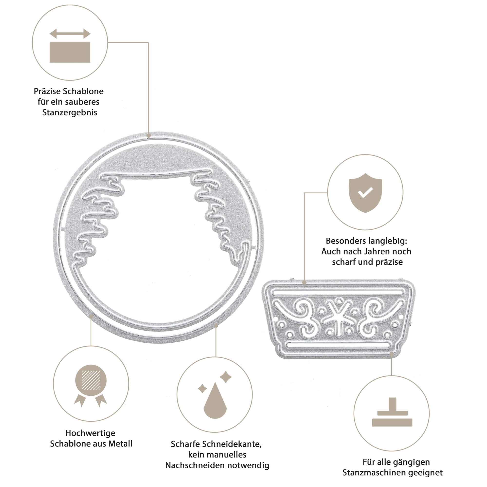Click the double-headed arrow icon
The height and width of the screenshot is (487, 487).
(70, 34)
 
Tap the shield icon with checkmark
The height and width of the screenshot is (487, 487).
(365, 193)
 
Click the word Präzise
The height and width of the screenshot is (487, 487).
(47, 91)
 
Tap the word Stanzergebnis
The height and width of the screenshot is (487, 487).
(70, 112)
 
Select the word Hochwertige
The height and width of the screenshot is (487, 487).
(90, 433)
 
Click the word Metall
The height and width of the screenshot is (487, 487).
(120, 444)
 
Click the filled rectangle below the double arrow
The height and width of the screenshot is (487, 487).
(70, 52)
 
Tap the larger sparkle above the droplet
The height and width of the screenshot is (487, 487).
(225, 377)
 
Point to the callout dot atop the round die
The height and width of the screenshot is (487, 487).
(149, 136)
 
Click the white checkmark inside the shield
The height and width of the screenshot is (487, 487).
(365, 192)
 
